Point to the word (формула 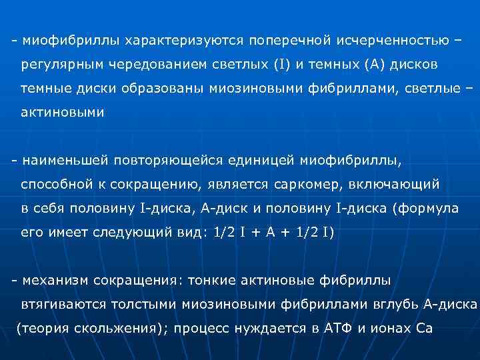425,208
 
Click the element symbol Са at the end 424,328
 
